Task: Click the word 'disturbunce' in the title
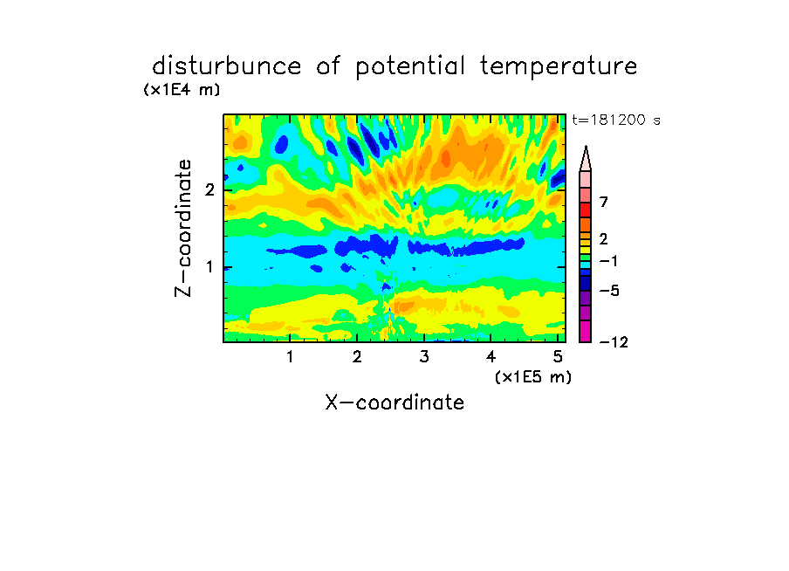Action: pos(226,66)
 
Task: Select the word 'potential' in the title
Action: pos(410,67)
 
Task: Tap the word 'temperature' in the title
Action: pos(559,67)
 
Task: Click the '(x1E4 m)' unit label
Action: pos(182,90)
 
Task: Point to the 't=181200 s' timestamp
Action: pos(616,120)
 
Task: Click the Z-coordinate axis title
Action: pos(183,228)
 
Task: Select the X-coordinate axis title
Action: pos(394,402)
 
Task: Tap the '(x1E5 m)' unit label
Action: pos(533,376)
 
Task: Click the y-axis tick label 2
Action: pos(209,189)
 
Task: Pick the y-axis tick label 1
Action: pos(209,267)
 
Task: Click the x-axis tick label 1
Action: pos(291,357)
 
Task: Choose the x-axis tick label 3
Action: pos(424,357)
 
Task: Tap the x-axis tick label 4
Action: pos(491,357)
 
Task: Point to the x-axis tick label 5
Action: pos(558,357)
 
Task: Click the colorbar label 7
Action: pos(604,202)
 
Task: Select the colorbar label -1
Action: pos(608,261)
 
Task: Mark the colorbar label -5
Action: pos(609,291)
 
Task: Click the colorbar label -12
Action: pos(614,342)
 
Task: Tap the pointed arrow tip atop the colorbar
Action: pos(586,147)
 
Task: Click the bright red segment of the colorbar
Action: pos(586,210)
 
